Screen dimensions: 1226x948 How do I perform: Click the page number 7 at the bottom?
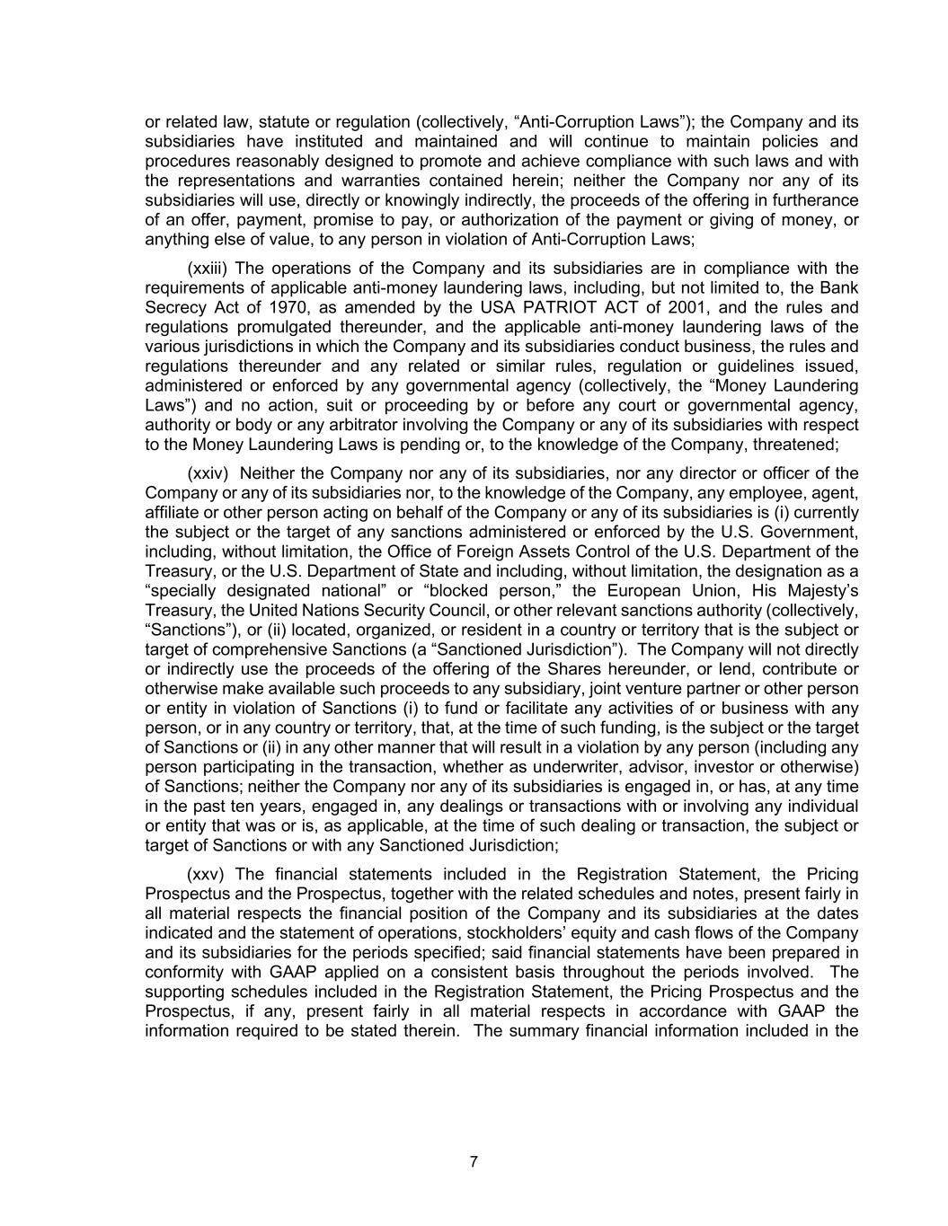[474, 1161]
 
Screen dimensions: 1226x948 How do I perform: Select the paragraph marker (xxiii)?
[207, 269]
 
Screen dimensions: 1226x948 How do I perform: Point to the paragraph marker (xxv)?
[206, 874]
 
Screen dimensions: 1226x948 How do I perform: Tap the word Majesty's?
[819, 590]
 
